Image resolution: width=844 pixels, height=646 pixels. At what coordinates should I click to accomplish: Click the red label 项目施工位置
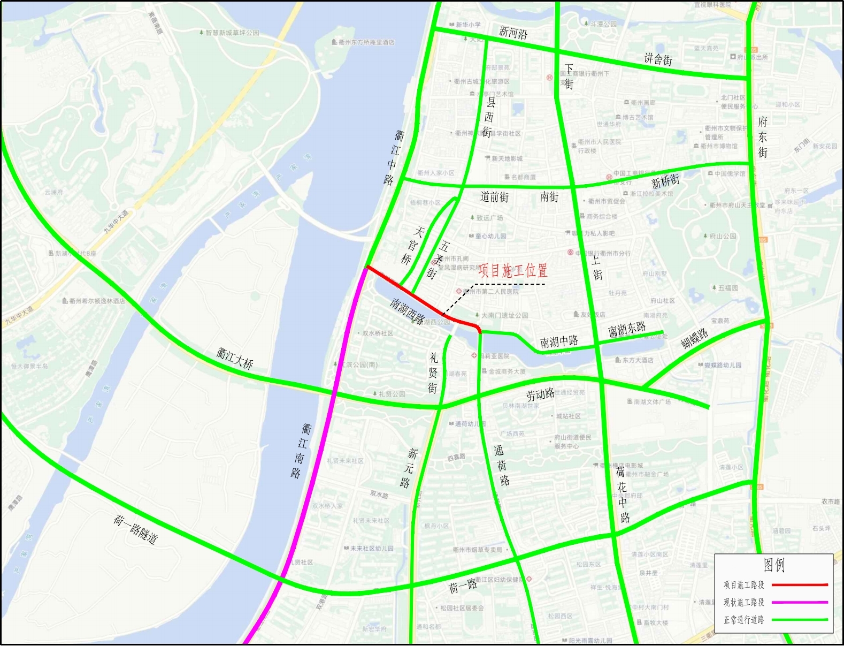click(x=512, y=270)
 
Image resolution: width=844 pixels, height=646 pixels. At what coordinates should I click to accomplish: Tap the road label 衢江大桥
click(x=235, y=358)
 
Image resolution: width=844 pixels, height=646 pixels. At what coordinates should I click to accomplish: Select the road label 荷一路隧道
click(x=136, y=529)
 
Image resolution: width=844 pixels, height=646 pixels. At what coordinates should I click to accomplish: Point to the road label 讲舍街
click(x=658, y=59)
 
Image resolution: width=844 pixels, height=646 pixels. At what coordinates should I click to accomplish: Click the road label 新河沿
click(x=513, y=33)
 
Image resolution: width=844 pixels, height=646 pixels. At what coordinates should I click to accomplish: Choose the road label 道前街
click(x=494, y=197)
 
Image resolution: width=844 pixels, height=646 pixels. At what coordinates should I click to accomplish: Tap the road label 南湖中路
click(x=559, y=341)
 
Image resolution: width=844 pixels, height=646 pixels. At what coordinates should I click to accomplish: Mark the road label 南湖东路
click(x=627, y=329)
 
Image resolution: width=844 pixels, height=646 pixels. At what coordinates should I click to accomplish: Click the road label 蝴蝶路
click(x=695, y=338)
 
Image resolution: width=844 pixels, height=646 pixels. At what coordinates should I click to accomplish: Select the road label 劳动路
click(x=540, y=395)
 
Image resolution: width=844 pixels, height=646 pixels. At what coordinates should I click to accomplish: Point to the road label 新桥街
click(x=665, y=181)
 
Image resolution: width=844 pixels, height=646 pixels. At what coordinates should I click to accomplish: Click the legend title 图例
click(x=774, y=565)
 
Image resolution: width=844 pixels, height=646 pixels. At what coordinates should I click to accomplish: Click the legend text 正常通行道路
click(x=744, y=620)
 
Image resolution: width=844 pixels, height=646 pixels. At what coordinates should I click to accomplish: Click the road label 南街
click(x=549, y=197)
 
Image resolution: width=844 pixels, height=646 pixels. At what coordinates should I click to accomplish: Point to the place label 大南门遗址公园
click(x=504, y=315)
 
